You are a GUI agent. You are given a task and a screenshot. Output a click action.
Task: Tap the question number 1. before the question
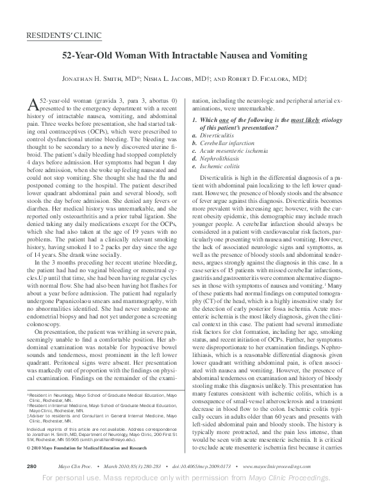point(196,121)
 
